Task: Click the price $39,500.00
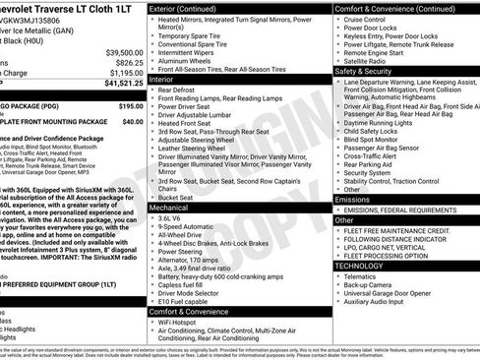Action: tap(124, 52)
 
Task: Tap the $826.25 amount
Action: tap(130, 62)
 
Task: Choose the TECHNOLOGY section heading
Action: tap(359, 266)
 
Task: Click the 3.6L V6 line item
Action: tap(176, 219)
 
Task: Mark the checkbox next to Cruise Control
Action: tap(339, 19)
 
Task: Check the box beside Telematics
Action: tap(339, 277)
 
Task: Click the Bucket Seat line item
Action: tap(178, 198)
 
